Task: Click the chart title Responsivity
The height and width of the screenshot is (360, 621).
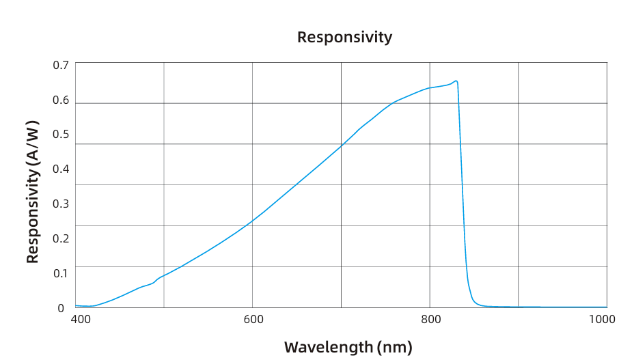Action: [344, 37]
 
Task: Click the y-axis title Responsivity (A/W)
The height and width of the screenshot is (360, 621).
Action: [33, 192]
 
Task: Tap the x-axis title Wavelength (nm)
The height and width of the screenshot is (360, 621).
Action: [348, 347]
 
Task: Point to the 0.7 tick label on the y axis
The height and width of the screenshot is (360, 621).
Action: [61, 65]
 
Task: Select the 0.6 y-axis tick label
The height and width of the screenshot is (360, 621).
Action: [61, 100]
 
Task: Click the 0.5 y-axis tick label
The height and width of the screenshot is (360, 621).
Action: [61, 135]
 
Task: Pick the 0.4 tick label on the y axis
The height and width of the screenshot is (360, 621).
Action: [61, 169]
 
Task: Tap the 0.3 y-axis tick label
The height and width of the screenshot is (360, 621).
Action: [61, 204]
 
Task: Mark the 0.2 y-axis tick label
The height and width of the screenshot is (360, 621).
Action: [61, 238]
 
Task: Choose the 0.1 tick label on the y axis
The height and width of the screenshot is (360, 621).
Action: [61, 273]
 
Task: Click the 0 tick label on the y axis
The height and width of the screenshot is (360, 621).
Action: [61, 308]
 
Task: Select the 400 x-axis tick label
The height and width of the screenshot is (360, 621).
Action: [81, 319]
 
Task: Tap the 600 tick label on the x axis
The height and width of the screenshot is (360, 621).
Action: [253, 319]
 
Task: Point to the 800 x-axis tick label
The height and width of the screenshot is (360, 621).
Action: [431, 319]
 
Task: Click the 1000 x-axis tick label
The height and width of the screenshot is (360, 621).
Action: [602, 319]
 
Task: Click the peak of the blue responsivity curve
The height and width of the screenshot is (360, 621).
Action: [456, 81]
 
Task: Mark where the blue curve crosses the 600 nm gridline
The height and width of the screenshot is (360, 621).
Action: [253, 220]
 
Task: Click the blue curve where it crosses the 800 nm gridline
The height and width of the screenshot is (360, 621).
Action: [430, 87]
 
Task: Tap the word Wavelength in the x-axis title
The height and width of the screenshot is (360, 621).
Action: [329, 347]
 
